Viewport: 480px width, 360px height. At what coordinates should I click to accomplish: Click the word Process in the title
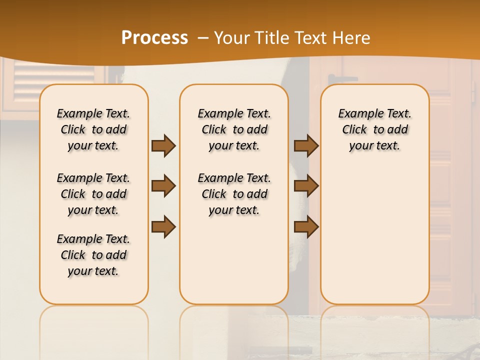(154, 37)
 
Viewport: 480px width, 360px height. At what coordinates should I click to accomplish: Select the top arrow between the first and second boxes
(163, 145)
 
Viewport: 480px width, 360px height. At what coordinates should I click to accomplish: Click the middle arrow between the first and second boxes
(163, 186)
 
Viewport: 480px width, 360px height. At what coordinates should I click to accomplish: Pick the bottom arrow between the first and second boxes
(163, 226)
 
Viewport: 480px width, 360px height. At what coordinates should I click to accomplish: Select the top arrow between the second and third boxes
(306, 145)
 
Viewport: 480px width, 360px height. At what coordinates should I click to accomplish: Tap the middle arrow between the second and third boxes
(306, 186)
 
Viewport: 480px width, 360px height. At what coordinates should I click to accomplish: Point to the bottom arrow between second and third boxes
(306, 226)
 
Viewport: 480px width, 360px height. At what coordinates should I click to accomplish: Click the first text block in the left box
(93, 129)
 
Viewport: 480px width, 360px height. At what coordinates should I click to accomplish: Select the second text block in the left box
(93, 194)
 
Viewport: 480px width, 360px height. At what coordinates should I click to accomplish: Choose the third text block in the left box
(93, 255)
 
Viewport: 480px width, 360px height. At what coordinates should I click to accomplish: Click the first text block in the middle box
(234, 129)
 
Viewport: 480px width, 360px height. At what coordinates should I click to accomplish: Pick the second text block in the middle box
(234, 194)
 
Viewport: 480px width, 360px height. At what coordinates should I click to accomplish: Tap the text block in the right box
(374, 129)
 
